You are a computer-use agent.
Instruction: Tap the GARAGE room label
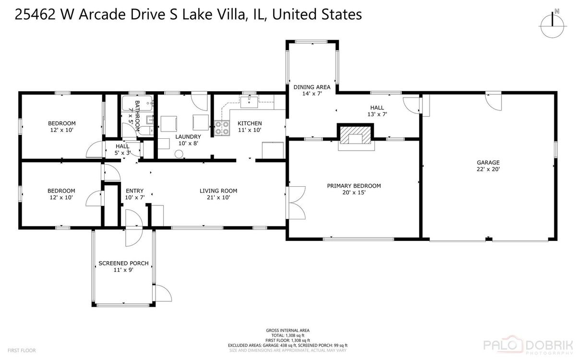pyautogui.click(x=488, y=163)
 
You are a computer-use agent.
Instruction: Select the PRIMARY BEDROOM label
pyautogui.click(x=354, y=186)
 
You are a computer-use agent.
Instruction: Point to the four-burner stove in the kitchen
pyautogui.click(x=222, y=128)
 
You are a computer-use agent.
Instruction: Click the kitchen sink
pyautogui.click(x=249, y=102)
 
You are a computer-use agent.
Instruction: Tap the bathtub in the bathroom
pyautogui.click(x=137, y=103)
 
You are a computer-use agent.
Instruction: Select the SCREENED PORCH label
pyautogui.click(x=123, y=264)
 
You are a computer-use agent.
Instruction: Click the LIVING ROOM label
pyautogui.click(x=218, y=191)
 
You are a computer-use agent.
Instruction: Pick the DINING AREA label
pyautogui.click(x=312, y=87)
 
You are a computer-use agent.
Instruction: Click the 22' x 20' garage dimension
pyautogui.click(x=488, y=169)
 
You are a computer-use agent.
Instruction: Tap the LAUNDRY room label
pyautogui.click(x=188, y=137)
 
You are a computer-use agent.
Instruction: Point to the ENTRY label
pyautogui.click(x=134, y=191)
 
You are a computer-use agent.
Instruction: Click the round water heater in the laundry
pyautogui.click(x=179, y=154)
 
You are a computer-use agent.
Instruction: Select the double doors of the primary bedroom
pyautogui.click(x=297, y=203)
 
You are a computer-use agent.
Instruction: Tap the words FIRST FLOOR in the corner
pyautogui.click(x=22, y=350)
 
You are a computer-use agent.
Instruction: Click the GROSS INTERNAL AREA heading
pyautogui.click(x=288, y=330)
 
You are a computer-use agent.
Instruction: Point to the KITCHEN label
pyautogui.click(x=250, y=123)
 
